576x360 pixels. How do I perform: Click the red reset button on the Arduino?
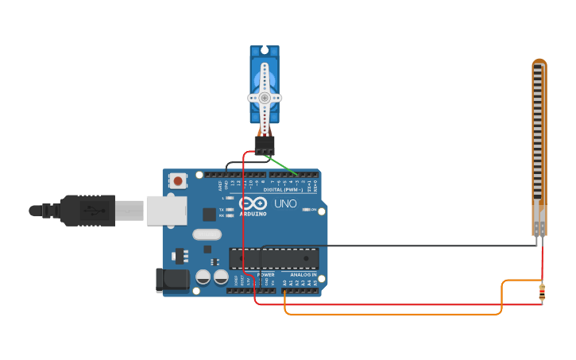point(177,181)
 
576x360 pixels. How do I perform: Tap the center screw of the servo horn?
point(265,98)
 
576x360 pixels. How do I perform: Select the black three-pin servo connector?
point(265,144)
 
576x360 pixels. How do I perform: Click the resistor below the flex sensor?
point(542,293)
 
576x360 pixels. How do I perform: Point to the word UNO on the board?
point(285,204)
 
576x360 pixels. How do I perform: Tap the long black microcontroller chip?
point(274,257)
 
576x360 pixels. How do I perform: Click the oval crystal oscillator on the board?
point(207,234)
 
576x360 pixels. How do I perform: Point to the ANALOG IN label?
point(303,274)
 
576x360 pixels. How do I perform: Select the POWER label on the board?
point(266,274)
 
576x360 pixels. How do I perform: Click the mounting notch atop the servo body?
point(265,50)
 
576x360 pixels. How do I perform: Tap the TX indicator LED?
point(230,209)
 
